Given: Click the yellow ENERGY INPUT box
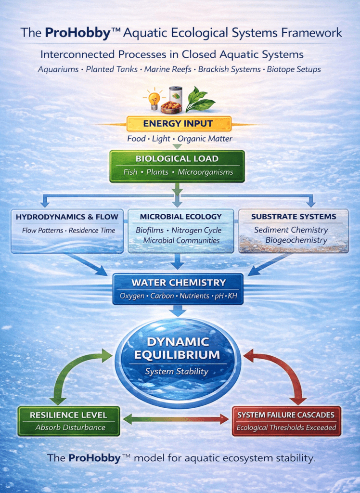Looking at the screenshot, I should pos(179,124).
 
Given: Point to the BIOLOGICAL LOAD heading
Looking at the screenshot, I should pos(177,159).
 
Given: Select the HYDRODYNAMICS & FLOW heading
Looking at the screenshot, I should pos(67,217).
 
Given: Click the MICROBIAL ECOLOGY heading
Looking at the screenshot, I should pos(180,217).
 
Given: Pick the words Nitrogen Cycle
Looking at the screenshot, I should pos(196,231).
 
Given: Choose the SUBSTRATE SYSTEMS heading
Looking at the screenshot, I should pos(293,217).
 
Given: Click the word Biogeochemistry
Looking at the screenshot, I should pos(296,240).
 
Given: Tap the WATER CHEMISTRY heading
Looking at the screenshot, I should pos(178,283).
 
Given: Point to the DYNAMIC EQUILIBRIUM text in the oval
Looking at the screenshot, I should pos(178,349).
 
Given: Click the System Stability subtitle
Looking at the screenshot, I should pos(178,371).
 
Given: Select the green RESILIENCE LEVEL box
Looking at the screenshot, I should pos(68,421).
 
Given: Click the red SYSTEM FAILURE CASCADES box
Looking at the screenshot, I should pos(286,421).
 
